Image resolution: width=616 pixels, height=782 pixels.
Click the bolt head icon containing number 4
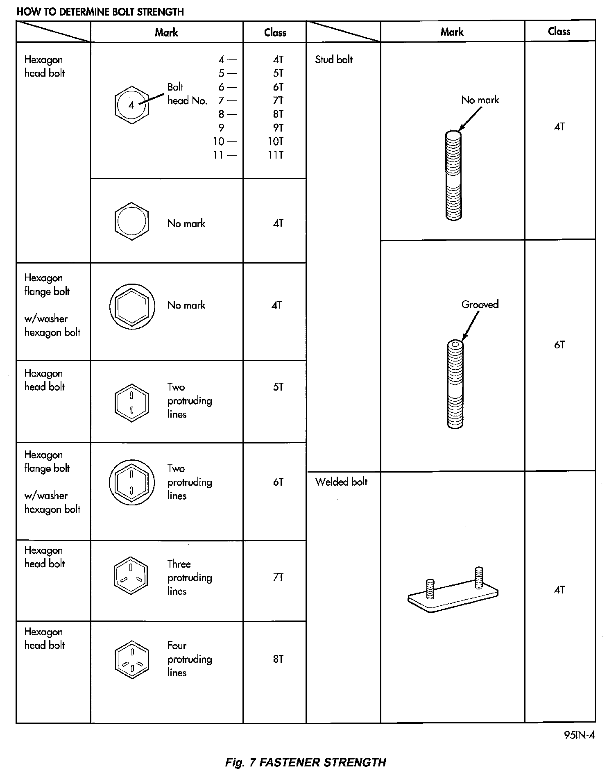coord(131,105)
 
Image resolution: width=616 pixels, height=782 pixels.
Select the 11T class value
coord(276,155)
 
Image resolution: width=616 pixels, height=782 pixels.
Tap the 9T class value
coord(278,128)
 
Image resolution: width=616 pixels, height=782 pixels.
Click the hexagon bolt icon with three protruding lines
coord(131,575)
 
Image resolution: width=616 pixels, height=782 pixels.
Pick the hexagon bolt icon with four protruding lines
coord(131,659)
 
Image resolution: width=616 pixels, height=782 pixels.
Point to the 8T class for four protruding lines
coord(278,659)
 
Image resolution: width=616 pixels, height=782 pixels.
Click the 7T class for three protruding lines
coord(278,577)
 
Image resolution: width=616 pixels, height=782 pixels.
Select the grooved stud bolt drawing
coord(455,384)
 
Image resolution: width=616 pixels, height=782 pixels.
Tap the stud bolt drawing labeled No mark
coord(453,175)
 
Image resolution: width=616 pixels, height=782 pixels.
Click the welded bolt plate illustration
coord(453,591)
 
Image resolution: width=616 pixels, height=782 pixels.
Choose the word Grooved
coord(480,304)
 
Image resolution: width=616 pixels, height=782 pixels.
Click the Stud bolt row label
coord(333,59)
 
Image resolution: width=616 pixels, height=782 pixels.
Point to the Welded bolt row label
coord(341,482)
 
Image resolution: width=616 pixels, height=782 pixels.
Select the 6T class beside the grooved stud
coord(559,345)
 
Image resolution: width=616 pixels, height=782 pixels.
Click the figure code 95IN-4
coord(579,735)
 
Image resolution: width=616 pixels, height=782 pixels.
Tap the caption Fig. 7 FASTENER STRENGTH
coord(306,762)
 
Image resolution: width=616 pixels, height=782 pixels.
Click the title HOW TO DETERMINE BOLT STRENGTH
coord(100,12)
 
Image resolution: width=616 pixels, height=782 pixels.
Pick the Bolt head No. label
coord(187,94)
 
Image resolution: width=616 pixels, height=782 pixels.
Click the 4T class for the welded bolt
coord(559,590)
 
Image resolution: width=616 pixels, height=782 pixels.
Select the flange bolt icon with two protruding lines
coord(131,482)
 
